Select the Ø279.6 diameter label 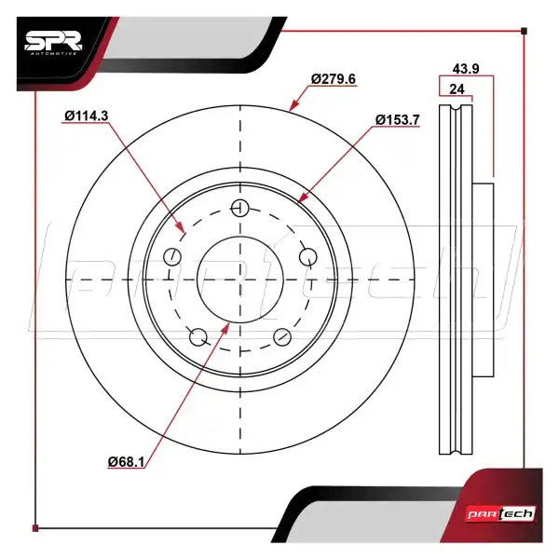(x=333, y=78)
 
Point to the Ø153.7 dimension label (x=399, y=119)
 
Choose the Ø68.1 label (x=128, y=461)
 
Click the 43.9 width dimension (x=465, y=69)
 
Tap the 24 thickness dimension (x=457, y=89)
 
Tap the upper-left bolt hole (x=170, y=257)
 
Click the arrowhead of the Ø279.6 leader (x=293, y=107)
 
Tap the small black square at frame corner (x=525, y=31)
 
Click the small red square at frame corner (x=35, y=529)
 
